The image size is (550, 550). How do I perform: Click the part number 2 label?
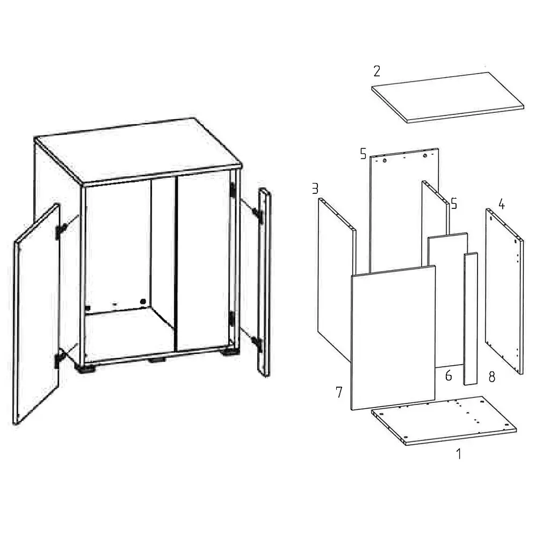point(377,71)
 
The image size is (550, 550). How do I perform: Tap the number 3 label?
point(315,189)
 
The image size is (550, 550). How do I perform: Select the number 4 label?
point(502,204)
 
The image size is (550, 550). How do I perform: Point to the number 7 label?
point(339,392)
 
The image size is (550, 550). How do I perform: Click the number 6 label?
point(448,375)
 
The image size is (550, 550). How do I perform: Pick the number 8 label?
point(492,377)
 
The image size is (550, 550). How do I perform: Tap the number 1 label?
point(459,454)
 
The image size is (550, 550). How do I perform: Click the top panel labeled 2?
point(447,98)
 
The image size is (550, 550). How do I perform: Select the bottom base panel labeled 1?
point(444,421)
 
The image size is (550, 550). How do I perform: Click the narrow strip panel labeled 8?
point(471,319)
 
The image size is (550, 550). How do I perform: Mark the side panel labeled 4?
point(504,291)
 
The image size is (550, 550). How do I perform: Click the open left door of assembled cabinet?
point(36,314)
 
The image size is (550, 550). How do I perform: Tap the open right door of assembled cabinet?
point(264,282)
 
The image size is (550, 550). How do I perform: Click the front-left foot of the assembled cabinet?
point(85,368)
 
